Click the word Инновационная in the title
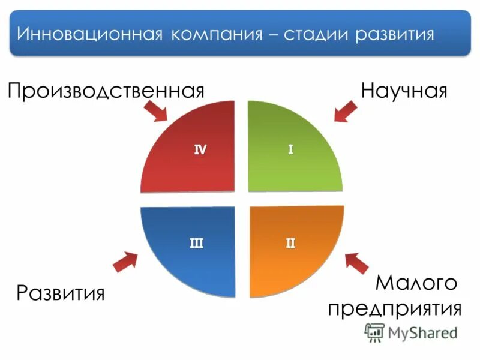(89, 34)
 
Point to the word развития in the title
(395, 34)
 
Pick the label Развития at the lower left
(61, 293)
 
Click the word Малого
(416, 282)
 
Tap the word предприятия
(394, 308)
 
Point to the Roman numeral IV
(200, 150)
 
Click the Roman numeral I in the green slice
(290, 150)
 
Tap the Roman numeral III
(196, 243)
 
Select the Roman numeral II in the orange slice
(290, 243)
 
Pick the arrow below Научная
(346, 112)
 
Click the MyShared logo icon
(374, 332)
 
